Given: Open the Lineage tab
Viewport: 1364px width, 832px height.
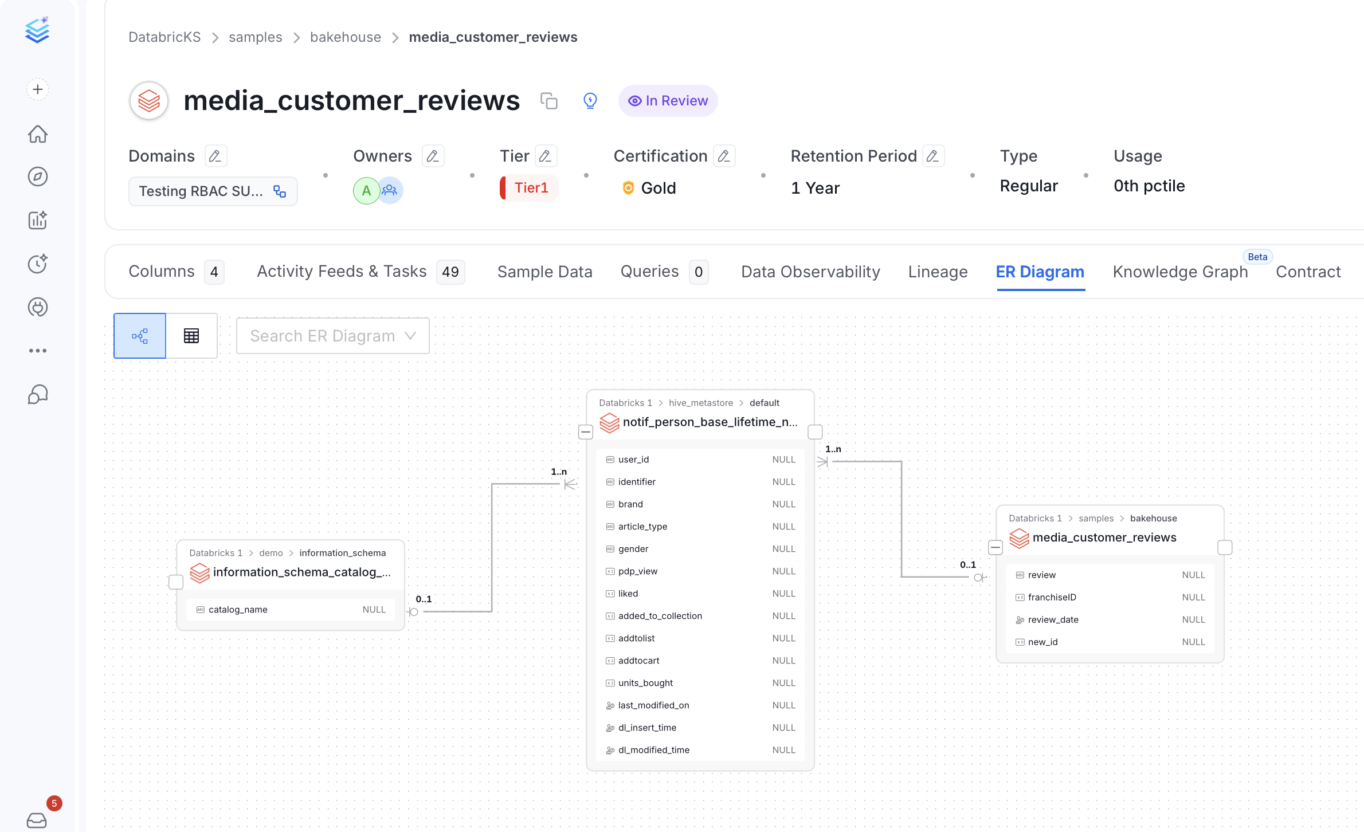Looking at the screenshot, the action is pos(938,272).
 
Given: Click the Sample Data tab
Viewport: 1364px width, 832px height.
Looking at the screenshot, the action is pos(544,272).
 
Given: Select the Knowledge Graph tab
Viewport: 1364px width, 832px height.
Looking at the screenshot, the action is pos(1180,272).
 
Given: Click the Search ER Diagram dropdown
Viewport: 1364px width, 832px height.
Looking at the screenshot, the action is pos(333,336).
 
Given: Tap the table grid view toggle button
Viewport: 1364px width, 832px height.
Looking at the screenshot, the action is pos(191,336).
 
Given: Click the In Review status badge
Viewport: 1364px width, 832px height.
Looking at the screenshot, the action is pos(668,101).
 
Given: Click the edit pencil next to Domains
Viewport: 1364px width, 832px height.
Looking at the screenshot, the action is pos(215,156).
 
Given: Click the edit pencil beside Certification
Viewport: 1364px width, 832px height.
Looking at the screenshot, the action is pos(724,156).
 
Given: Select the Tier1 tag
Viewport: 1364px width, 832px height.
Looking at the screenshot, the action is pos(529,188).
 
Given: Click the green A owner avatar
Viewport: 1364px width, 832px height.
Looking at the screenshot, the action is pos(366,191).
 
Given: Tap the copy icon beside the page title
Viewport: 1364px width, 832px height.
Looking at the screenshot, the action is pos(549,101).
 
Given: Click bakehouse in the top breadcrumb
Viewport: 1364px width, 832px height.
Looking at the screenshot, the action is pos(346,37).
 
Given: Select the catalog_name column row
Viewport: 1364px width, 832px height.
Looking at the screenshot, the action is pos(291,610).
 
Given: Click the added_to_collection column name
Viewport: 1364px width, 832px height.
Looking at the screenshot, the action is pos(660,616).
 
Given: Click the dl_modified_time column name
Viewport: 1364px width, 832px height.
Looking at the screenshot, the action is pos(654,750).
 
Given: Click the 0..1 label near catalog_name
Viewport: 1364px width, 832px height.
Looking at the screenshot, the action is pos(424,599).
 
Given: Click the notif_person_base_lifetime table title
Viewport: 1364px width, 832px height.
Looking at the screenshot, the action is pos(710,422).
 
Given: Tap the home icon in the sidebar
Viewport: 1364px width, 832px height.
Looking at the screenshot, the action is pos(38,134).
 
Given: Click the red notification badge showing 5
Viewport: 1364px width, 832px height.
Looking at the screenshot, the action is pos(54,803).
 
